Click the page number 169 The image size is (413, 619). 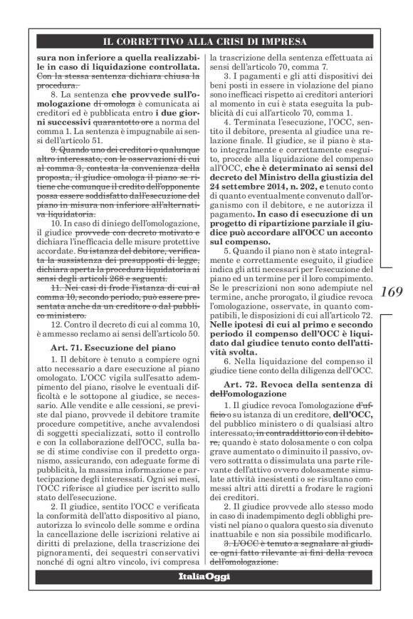tap(392, 291)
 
